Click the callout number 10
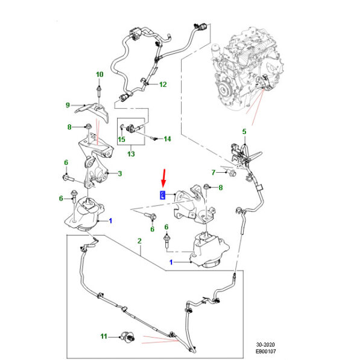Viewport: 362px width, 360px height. [x=100, y=74]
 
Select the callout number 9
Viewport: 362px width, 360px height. [x=68, y=106]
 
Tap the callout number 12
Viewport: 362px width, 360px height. [x=162, y=85]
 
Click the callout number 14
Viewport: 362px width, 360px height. [x=167, y=139]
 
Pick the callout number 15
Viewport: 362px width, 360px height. [x=121, y=140]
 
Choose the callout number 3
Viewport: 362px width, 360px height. [x=120, y=175]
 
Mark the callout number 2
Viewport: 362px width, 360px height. [x=139, y=241]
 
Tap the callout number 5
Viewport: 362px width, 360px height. [x=244, y=131]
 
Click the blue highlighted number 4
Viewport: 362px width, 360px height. [x=162, y=194]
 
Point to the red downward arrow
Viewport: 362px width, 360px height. [x=162, y=178]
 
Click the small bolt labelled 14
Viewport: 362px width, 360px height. [x=154, y=139]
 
